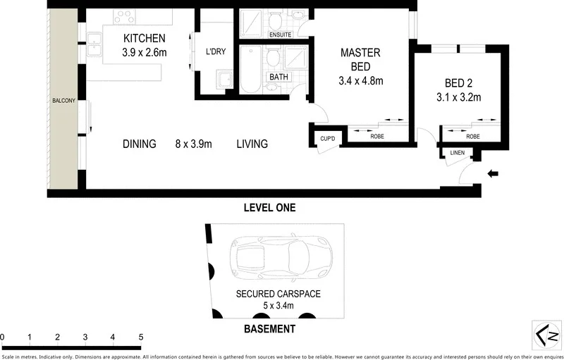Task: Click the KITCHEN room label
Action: [145, 38]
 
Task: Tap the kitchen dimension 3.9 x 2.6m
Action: [145, 51]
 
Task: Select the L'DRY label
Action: [214, 52]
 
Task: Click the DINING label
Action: [139, 144]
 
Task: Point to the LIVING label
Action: [252, 144]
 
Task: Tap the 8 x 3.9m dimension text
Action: [194, 144]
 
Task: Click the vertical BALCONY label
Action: [63, 101]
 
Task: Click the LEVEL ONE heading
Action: [269, 208]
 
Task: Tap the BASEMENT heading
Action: [269, 329]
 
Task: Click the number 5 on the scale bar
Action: [141, 337]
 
